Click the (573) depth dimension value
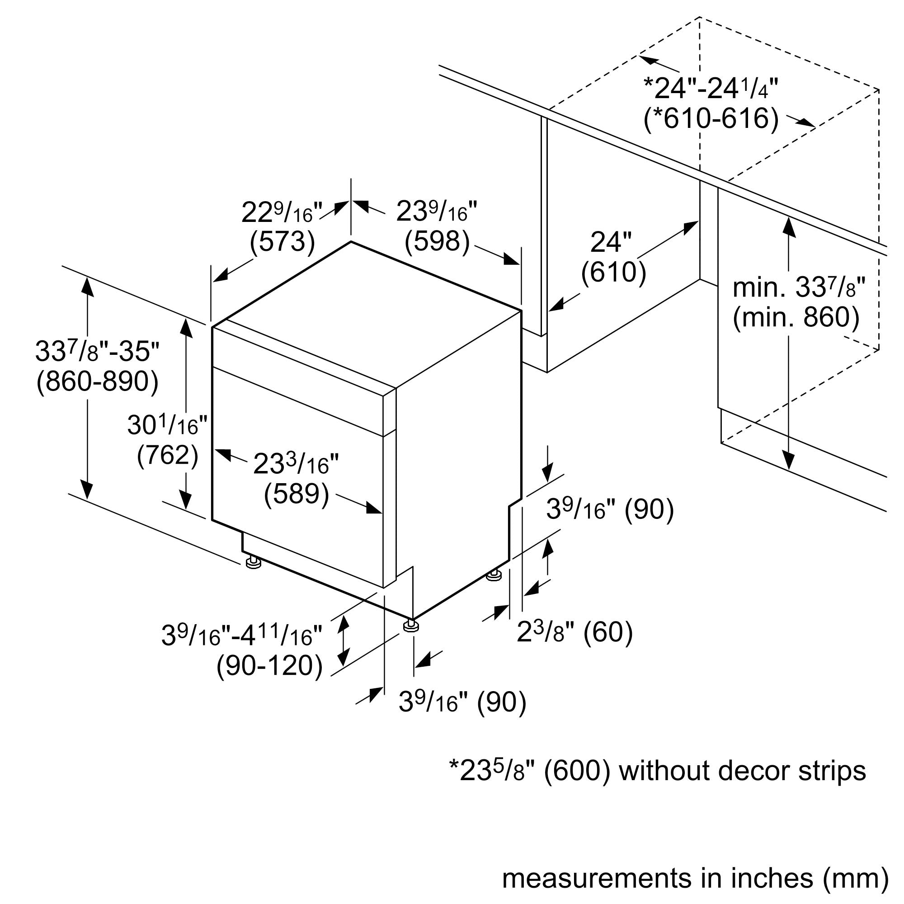click(282, 242)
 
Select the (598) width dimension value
click(437, 242)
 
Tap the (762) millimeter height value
click(168, 455)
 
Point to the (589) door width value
click(297, 494)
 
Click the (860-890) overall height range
click(97, 381)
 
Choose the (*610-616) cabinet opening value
click(711, 118)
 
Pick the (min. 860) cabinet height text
click(796, 317)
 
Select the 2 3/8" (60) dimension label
click(574, 632)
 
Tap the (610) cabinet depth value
click(613, 272)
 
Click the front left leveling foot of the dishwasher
click(253, 562)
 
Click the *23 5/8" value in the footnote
click(491, 771)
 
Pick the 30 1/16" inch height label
click(167, 425)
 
